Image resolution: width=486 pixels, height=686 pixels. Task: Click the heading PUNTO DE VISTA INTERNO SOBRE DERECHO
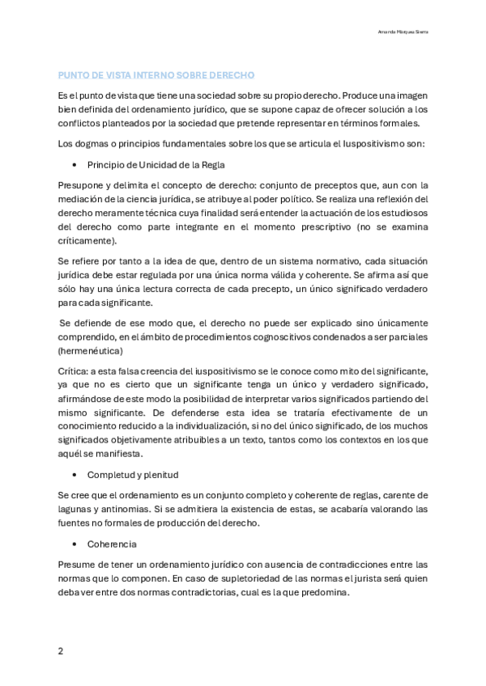coord(156,75)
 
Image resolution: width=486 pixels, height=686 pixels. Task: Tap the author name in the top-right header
coord(403,32)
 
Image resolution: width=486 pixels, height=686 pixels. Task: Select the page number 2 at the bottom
coord(61,650)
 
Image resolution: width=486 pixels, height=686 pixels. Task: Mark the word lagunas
coord(75,509)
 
